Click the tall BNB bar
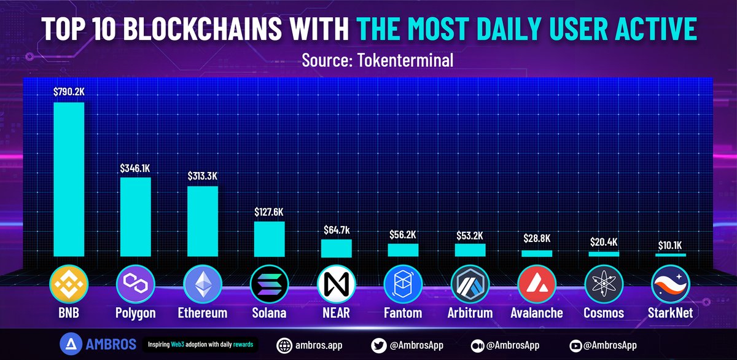click(68, 179)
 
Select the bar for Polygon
click(135, 216)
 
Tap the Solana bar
click(270, 238)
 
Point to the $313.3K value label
click(202, 176)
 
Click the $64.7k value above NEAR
click(337, 230)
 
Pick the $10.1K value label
click(671, 245)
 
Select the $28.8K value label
click(537, 238)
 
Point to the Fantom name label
click(403, 313)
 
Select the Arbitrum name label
click(470, 313)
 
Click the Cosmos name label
click(604, 313)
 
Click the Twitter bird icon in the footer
click(379, 345)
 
